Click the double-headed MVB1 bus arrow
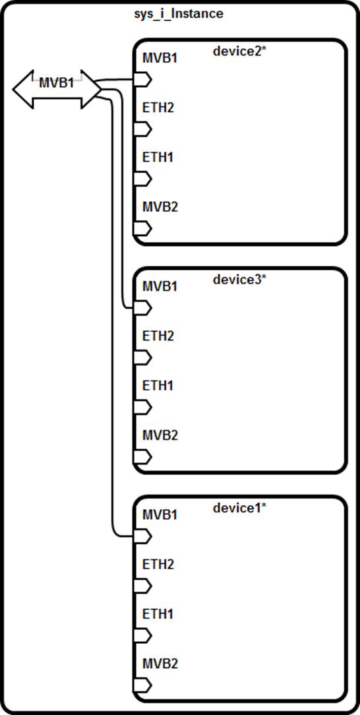coord(57,90)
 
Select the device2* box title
coord(239,51)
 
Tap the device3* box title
coord(239,280)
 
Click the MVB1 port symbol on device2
coord(142,80)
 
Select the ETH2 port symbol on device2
coord(142,129)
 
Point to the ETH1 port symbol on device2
coord(142,178)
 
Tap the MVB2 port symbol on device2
coord(142,228)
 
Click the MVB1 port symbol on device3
coord(142,308)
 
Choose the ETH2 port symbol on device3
coord(142,357)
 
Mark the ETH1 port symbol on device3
coord(142,407)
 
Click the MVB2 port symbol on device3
coord(142,456)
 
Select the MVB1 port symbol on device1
coord(142,536)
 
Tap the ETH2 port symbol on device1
coord(142,586)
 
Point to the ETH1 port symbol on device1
coord(142,635)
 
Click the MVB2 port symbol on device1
coord(142,685)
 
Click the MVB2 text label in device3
coord(160,435)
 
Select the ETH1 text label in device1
coord(158,614)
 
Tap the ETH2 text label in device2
coord(158,108)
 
